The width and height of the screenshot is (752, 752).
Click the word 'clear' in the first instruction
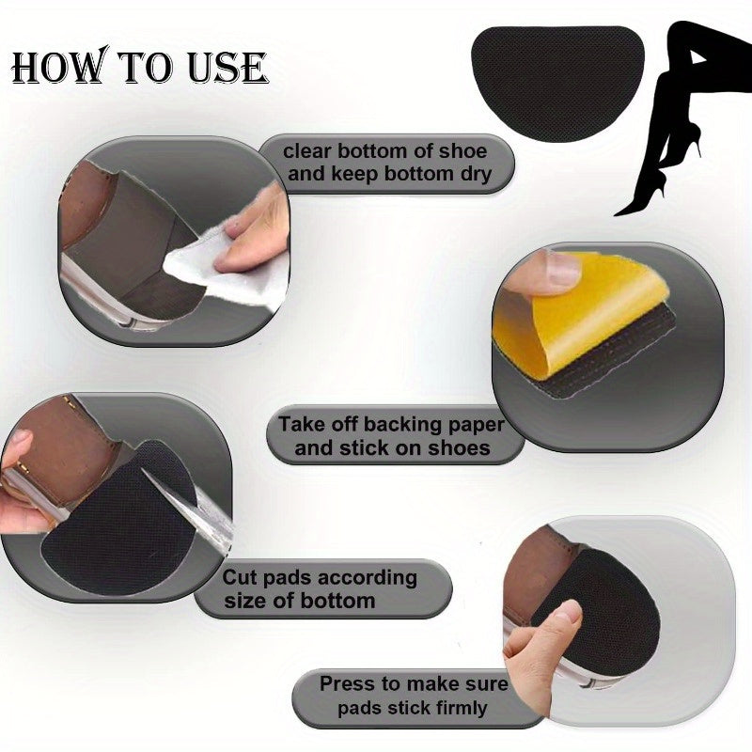[x=311, y=151]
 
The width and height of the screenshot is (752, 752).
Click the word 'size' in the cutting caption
[x=245, y=600]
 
